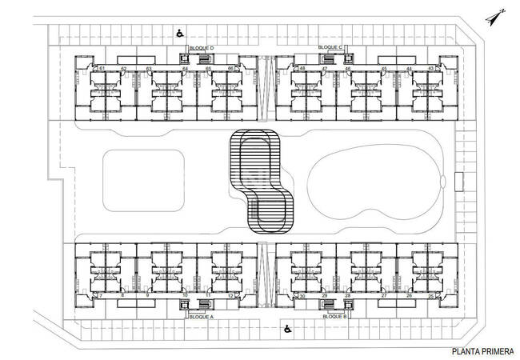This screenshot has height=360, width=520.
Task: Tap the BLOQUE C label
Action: [x=330, y=48]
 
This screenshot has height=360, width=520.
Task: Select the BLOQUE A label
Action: [x=201, y=317]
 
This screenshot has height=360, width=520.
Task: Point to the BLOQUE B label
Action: [x=334, y=317]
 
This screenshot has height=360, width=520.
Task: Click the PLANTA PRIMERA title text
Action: [x=482, y=350]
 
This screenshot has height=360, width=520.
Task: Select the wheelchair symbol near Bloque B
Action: [x=286, y=327]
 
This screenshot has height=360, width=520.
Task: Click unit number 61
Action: [x=103, y=69]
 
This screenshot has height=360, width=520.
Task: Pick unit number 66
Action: [x=231, y=69]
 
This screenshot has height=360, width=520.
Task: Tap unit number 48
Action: [x=302, y=69]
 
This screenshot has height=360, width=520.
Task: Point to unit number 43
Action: [x=431, y=69]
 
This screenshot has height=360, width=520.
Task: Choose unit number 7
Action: [x=101, y=296]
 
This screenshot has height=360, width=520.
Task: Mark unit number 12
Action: [x=230, y=296]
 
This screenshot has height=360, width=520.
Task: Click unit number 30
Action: [x=302, y=296]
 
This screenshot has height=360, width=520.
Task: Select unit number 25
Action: [x=431, y=296]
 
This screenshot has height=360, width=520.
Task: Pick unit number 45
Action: [x=385, y=69]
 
